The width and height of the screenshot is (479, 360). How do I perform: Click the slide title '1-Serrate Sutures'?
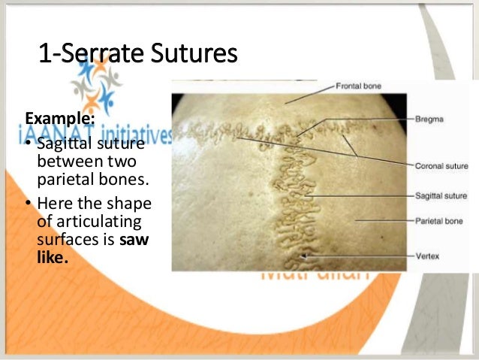pyautogui.click(x=138, y=54)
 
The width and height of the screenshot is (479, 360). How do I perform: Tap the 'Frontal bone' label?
pyautogui.click(x=359, y=86)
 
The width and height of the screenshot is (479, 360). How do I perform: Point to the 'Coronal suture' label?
pyautogui.click(x=441, y=165)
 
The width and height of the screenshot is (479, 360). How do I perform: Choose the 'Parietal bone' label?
pyautogui.click(x=439, y=222)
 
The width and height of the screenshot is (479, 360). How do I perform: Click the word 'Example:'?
pyautogui.click(x=60, y=118)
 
